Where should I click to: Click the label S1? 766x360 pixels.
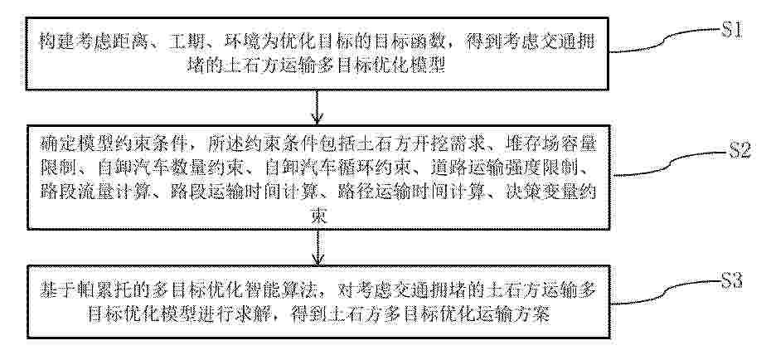[732, 31]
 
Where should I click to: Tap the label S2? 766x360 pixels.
[739, 151]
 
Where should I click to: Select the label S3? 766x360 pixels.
[732, 282]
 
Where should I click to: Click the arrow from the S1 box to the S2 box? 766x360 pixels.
[318, 108]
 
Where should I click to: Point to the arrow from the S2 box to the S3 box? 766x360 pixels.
[318, 247]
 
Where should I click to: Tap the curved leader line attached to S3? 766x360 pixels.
[666, 293]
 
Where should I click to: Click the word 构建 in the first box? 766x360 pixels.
[56, 42]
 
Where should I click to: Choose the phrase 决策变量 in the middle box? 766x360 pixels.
[542, 192]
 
